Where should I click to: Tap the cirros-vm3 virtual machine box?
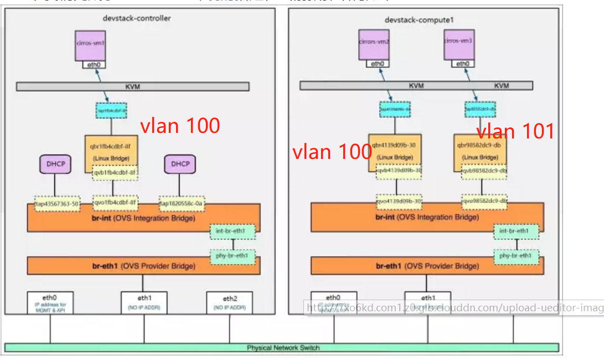pos(459,44)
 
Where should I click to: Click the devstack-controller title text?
pos(137,18)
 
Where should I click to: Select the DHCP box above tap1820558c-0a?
pos(180,164)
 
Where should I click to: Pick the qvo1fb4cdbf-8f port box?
pos(115,203)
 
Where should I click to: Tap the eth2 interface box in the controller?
pos(229,302)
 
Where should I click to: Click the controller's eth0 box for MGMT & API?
pos(50,302)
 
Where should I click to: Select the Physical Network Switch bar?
pos(282,348)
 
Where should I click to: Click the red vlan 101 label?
pos(515,131)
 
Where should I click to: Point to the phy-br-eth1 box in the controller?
pos(233,256)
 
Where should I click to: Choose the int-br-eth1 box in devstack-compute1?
pos(517,231)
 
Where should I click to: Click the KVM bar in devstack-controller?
pos(132,86)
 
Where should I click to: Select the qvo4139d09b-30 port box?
pos(399,202)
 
